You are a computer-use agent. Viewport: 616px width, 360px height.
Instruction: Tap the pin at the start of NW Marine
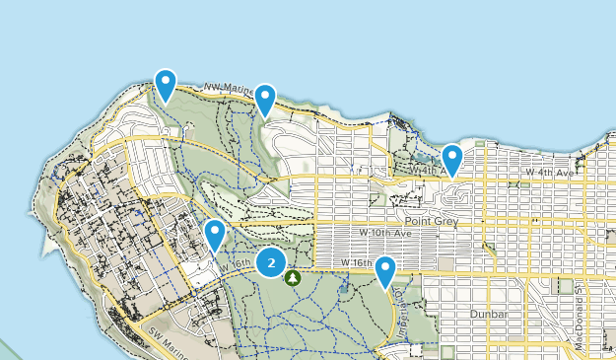[166, 85]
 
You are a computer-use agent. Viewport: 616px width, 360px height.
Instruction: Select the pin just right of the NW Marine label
[265, 100]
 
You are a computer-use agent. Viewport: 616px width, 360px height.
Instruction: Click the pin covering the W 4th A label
[452, 159]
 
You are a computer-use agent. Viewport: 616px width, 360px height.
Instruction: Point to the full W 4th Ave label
[549, 173]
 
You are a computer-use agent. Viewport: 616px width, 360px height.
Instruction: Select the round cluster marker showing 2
[271, 262]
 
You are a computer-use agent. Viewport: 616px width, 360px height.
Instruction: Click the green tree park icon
[293, 278]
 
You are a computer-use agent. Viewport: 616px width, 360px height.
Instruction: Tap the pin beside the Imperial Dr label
[385, 271]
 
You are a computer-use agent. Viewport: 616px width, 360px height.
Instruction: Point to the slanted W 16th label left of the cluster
[236, 265]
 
